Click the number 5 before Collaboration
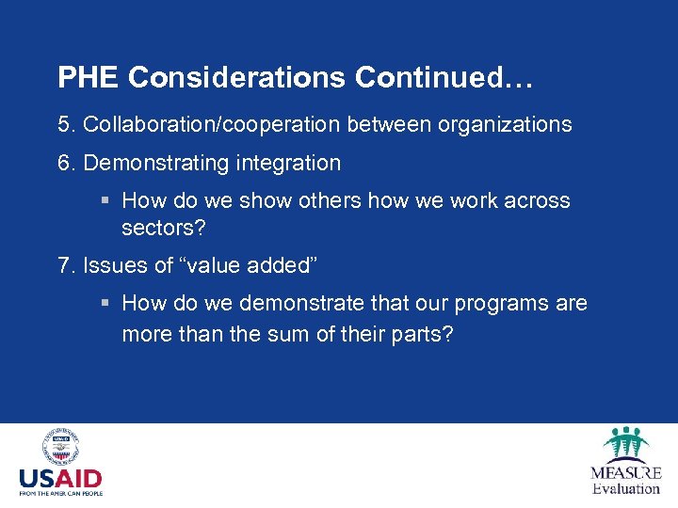(x=63, y=124)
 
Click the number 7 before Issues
(x=63, y=265)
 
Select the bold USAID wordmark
(x=60, y=479)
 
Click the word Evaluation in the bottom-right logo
(x=626, y=488)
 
